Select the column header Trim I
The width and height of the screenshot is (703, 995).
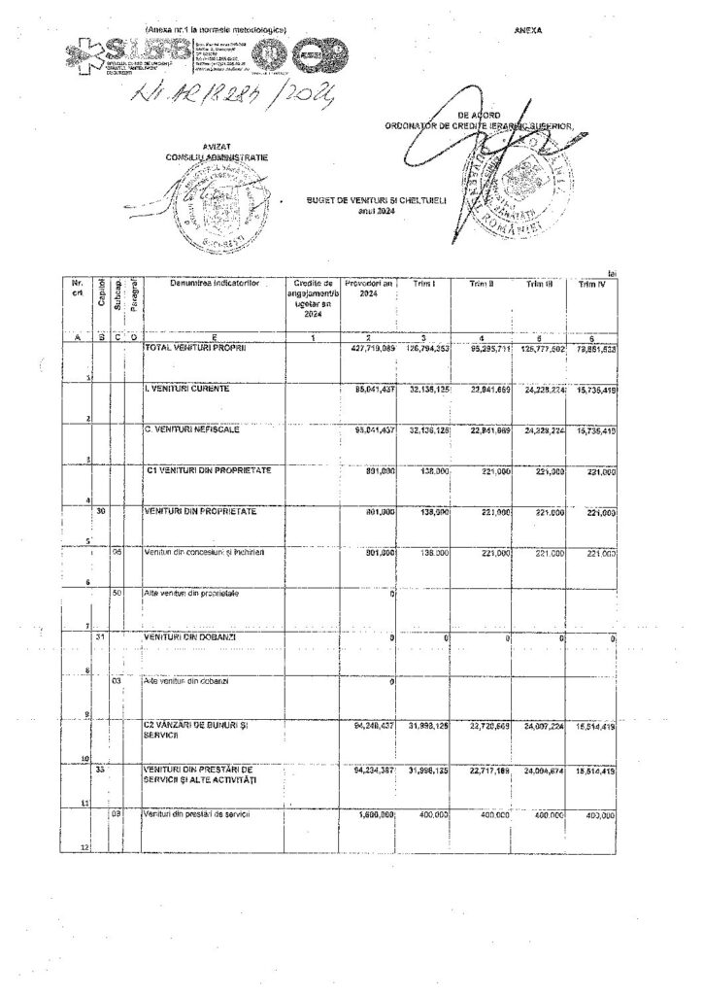click(x=422, y=284)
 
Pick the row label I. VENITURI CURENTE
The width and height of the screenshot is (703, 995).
click(x=187, y=389)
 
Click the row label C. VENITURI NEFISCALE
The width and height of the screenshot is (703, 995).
click(x=192, y=429)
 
